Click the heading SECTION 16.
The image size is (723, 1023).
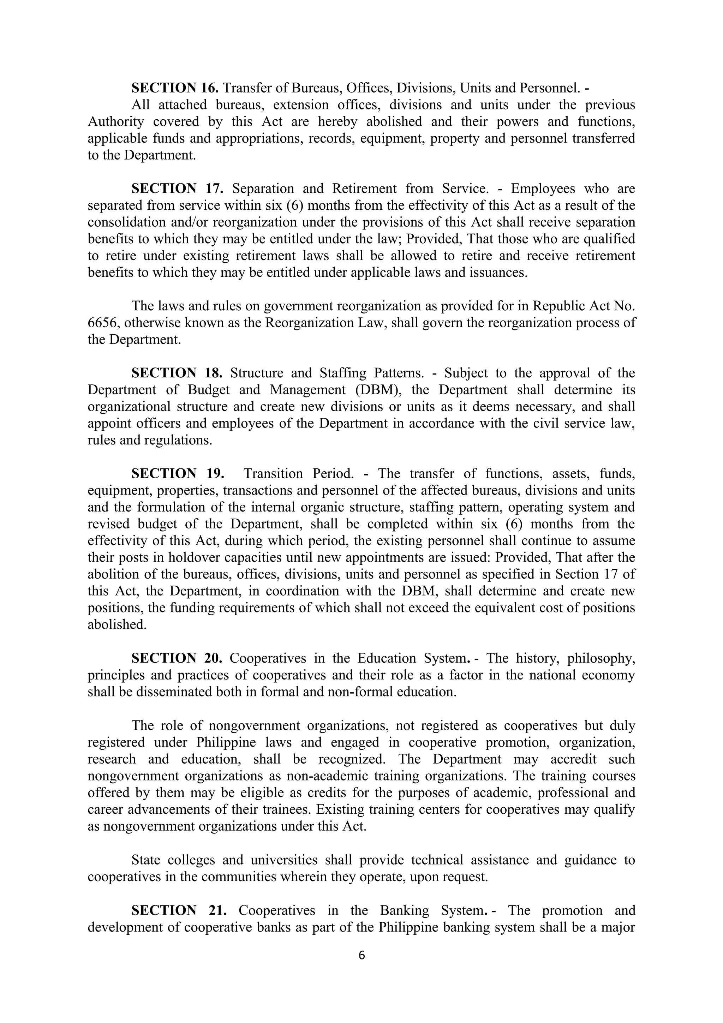pos(175,88)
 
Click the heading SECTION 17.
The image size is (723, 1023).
pos(177,189)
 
